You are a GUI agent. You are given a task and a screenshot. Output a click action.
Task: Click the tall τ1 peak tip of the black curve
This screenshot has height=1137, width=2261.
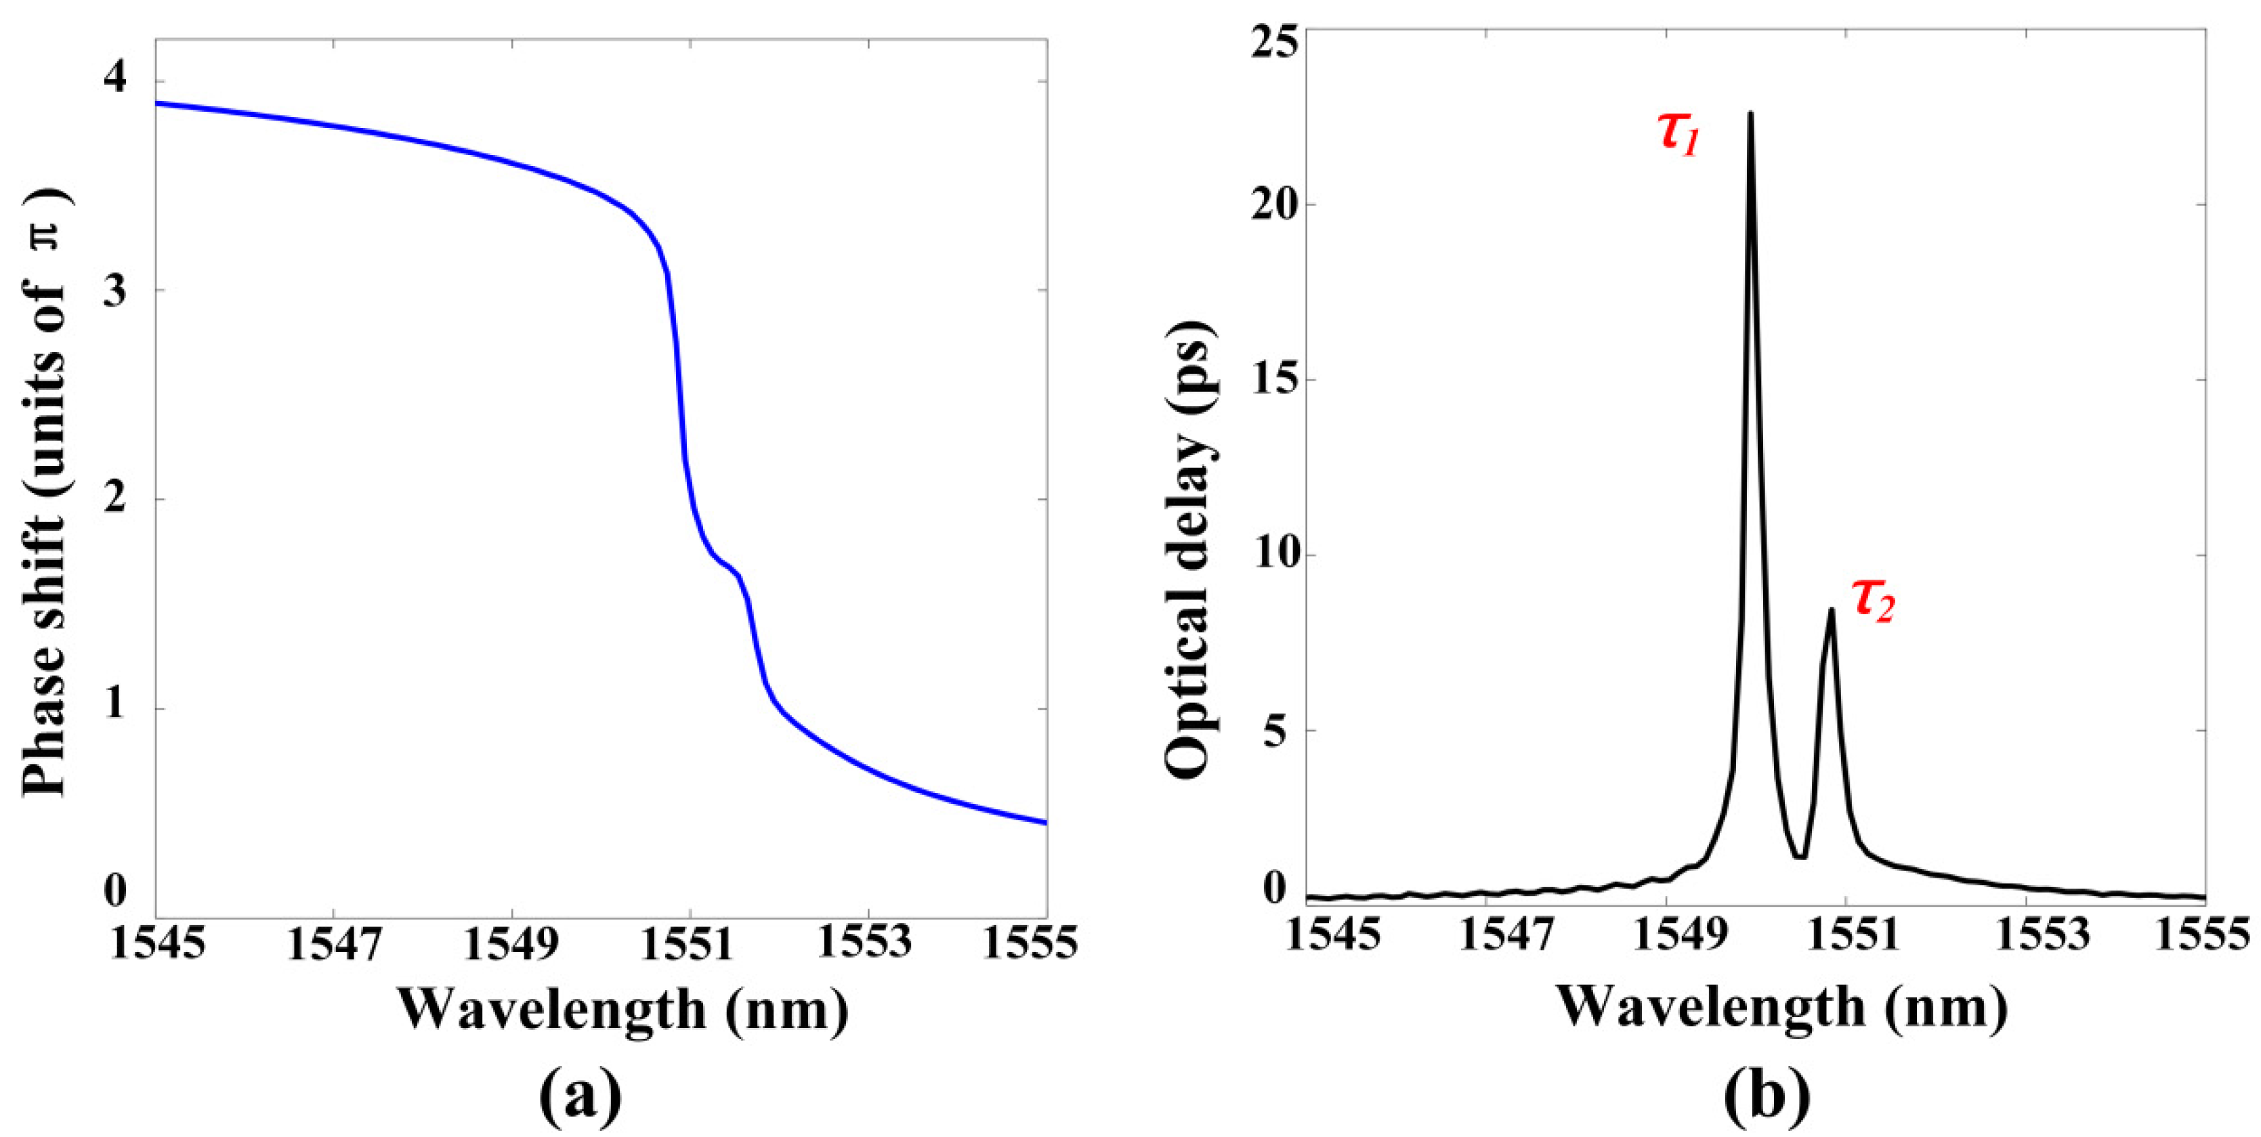point(1750,114)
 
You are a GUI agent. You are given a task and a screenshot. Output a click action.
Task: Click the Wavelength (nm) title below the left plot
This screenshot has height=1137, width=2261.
point(623,1009)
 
